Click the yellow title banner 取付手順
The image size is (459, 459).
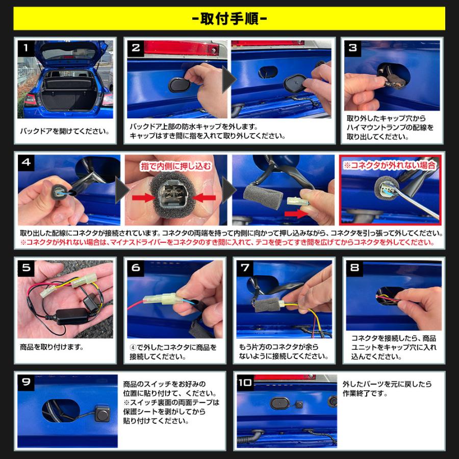click(229, 19)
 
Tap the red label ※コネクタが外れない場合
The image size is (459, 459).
click(390, 165)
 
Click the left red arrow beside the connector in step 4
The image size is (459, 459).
click(142, 196)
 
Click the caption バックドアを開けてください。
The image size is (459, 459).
click(65, 131)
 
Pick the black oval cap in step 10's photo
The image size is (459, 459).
click(282, 403)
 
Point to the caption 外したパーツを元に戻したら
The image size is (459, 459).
click(387, 384)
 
